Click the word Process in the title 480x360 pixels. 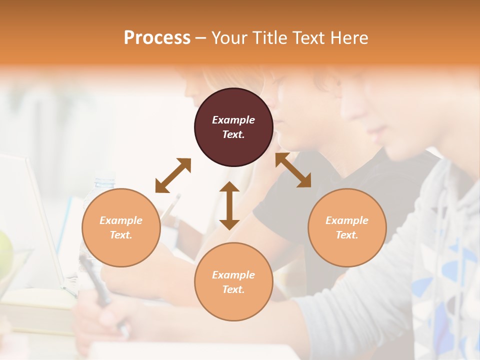tap(157, 37)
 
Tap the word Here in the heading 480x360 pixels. tap(348, 37)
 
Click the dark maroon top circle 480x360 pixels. tap(233, 127)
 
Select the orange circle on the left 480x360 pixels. tap(121, 227)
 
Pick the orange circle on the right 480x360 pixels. tap(347, 227)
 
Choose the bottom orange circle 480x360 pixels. tap(233, 281)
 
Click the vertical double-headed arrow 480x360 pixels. tap(229, 205)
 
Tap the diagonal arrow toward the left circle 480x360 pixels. tap(173, 175)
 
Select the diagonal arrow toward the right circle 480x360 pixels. tap(293, 170)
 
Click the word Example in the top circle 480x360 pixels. tap(233, 120)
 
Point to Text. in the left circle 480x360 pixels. tap(121, 235)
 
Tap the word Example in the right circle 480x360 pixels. tap(347, 220)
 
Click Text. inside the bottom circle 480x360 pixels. tap(233, 289)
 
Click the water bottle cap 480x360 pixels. tap(105, 176)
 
